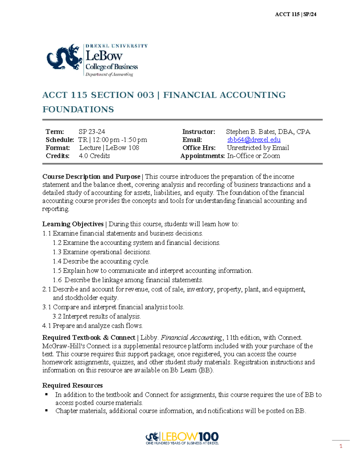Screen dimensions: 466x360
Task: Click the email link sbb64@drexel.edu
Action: [254, 140]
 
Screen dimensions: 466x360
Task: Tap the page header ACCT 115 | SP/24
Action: [295, 14]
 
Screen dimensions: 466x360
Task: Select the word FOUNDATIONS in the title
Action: [78, 109]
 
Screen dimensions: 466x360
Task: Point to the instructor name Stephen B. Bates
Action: [250, 132]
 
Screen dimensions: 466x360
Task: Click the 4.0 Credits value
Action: [94, 156]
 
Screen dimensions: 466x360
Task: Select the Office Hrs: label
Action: [199, 148]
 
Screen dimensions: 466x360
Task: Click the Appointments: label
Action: [202, 156]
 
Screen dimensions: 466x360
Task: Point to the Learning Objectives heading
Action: [73, 224]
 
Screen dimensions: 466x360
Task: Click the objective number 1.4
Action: [57, 261]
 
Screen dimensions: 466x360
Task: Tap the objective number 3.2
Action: [57, 317]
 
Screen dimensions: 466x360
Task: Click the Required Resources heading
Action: [72, 386]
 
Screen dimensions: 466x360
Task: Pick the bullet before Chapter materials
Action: [46, 410]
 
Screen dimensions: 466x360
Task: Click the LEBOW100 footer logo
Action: [182, 438]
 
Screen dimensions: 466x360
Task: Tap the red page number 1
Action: [340, 446]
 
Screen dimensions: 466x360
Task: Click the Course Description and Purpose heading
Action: [91, 177]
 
